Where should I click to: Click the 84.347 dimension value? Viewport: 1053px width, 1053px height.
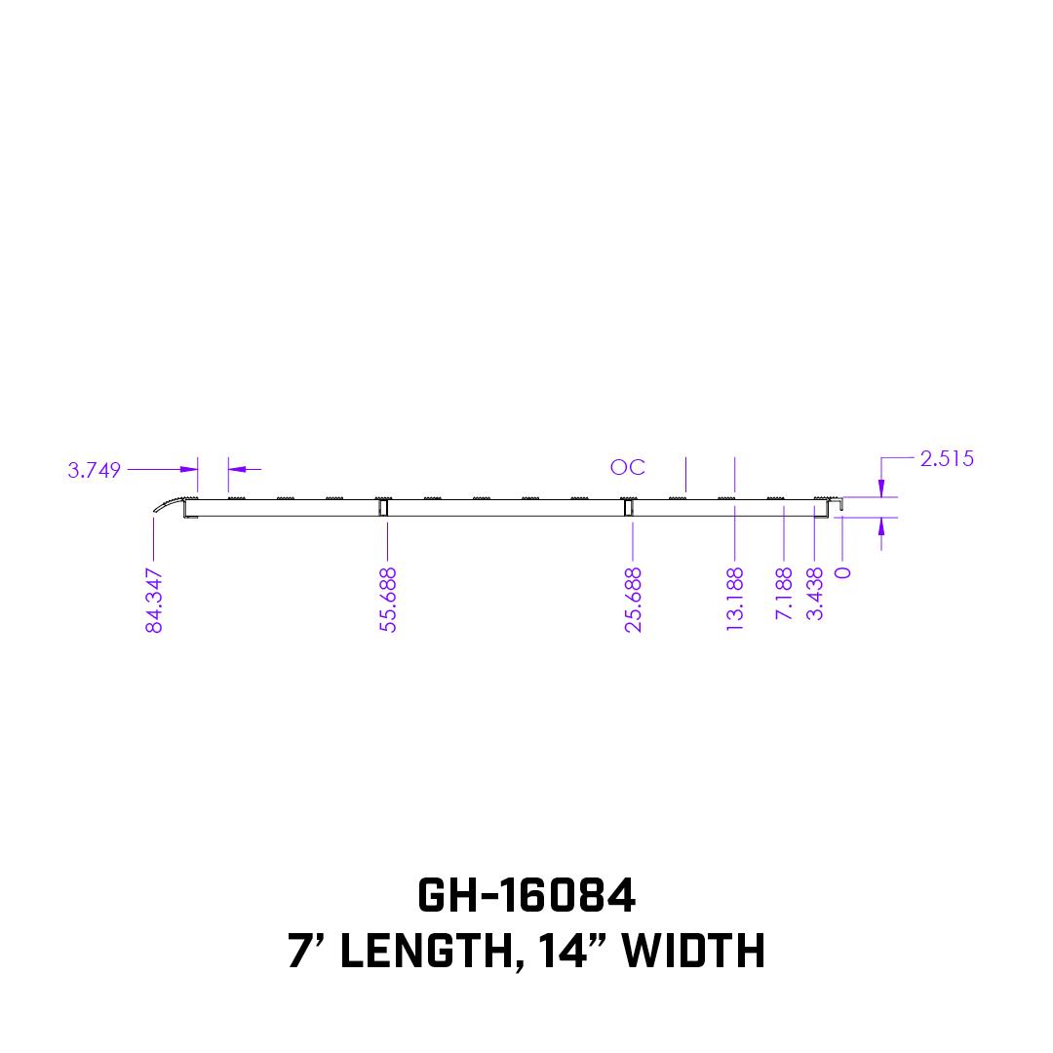tap(154, 601)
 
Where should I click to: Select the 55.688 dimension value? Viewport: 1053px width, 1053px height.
tap(388, 600)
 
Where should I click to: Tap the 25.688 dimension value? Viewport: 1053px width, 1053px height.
tap(634, 600)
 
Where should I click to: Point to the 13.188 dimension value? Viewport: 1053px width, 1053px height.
tap(735, 599)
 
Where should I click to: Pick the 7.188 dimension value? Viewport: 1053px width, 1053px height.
tap(784, 594)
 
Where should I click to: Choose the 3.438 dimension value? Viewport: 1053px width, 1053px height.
tap(814, 594)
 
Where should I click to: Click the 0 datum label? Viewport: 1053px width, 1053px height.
tap(842, 572)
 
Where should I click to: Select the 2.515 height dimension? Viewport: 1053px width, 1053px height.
tap(946, 458)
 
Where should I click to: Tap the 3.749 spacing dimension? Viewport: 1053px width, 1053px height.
tap(94, 470)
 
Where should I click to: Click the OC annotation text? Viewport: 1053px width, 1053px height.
tap(627, 467)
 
